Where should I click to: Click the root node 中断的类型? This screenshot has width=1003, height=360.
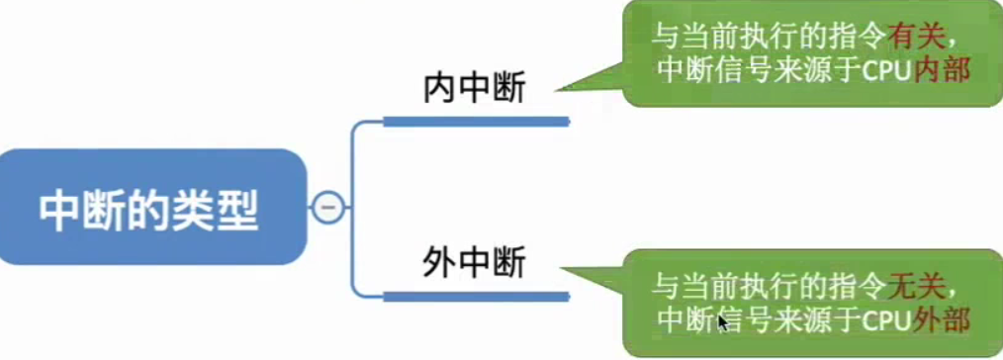point(148,208)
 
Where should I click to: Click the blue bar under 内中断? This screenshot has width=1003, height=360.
point(475,122)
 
